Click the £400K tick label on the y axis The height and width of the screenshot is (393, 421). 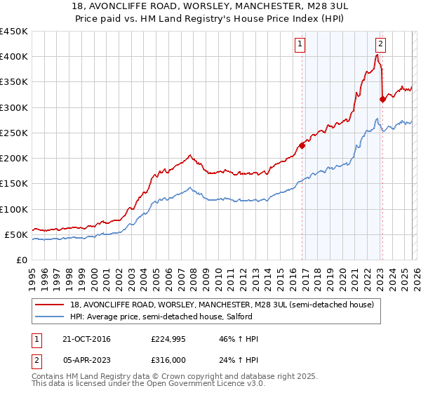coord(14,57)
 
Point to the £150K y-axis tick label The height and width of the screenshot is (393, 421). coord(14,184)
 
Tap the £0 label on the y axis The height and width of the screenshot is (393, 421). coord(22,260)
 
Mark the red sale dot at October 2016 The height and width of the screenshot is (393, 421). coord(302,146)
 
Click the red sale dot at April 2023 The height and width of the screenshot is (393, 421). coord(382,100)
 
